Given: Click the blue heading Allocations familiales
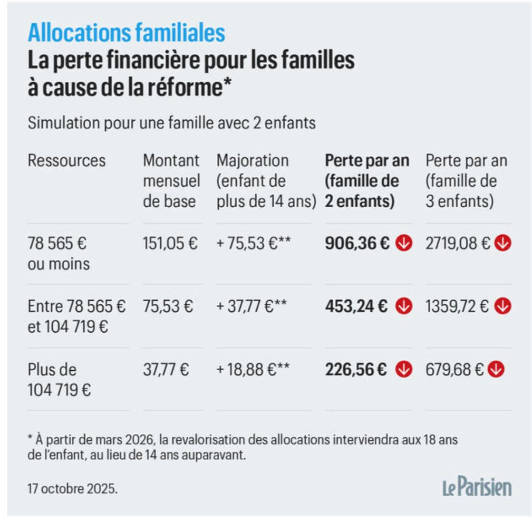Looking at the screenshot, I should pyautogui.click(x=126, y=33).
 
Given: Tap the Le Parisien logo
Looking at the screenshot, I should pyautogui.click(x=477, y=487).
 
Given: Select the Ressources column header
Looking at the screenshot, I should pyautogui.click(x=66, y=161).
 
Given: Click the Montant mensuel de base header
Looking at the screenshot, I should pyautogui.click(x=171, y=181).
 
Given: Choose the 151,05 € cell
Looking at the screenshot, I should pyautogui.click(x=170, y=243).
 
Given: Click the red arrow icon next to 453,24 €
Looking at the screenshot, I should pyautogui.click(x=404, y=306).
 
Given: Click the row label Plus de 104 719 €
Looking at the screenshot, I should pyautogui.click(x=59, y=380).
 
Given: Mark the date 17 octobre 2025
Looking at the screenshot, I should pyautogui.click(x=73, y=488).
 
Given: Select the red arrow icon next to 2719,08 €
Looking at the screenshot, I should pyautogui.click(x=503, y=243).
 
